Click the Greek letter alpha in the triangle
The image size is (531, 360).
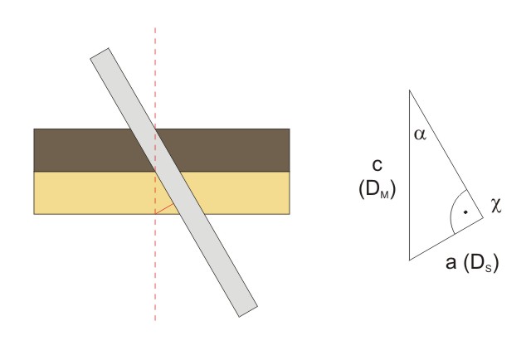(420, 134)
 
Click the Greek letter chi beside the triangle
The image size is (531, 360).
(496, 206)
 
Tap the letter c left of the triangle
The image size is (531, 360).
(377, 165)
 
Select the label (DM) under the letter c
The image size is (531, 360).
(377, 189)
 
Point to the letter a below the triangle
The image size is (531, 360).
(451, 262)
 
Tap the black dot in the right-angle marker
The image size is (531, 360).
(465, 212)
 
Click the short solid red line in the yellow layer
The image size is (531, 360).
(164, 209)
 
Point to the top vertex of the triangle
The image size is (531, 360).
(410, 90)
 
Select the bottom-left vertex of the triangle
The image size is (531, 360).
(410, 260)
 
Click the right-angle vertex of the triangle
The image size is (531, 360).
(483, 218)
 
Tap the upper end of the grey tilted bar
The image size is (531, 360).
(100, 53)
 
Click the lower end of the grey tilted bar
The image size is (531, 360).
(248, 312)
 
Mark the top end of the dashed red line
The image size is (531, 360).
(155, 28)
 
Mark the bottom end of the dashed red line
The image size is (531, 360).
(155, 320)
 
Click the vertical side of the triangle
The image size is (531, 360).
(410, 175)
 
